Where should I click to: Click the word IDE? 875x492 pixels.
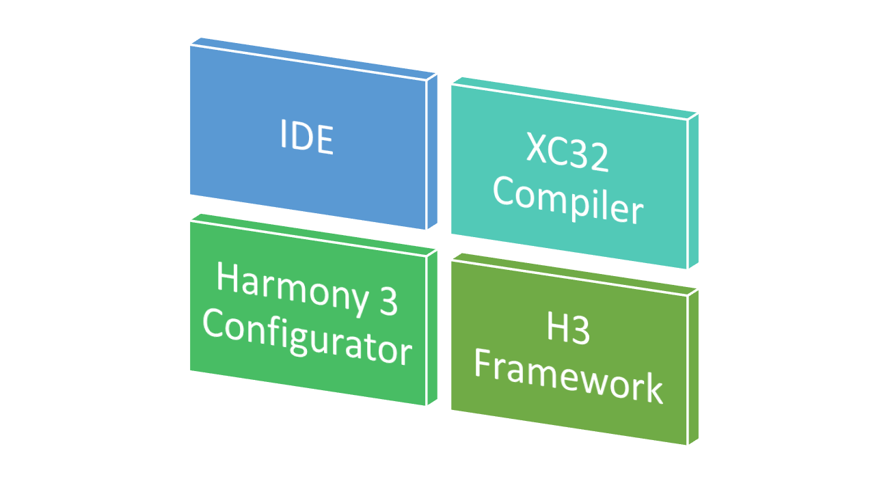[x=306, y=137]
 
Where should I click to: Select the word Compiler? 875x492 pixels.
[x=568, y=201]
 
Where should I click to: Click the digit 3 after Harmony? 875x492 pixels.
[x=388, y=302]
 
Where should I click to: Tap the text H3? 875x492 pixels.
[x=567, y=331]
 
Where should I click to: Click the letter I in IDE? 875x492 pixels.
[x=284, y=134]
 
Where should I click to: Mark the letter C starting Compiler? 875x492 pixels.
[x=504, y=191]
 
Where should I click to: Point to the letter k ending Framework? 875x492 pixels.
[x=653, y=391]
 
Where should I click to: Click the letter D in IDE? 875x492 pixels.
[x=301, y=137]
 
